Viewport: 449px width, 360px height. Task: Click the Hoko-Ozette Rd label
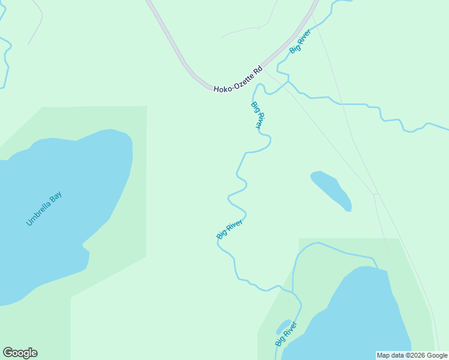[238, 79]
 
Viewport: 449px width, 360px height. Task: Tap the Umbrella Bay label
[44, 208]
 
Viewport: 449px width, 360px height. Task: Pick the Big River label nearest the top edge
[300, 41]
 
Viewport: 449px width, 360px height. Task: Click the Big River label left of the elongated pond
[229, 230]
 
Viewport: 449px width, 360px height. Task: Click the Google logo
[20, 353]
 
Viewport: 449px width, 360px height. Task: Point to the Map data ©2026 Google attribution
[412, 355]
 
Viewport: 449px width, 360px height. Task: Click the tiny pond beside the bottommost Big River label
[283, 327]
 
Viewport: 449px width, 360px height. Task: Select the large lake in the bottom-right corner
[360, 318]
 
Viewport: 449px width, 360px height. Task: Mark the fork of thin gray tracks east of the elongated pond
[375, 194]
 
